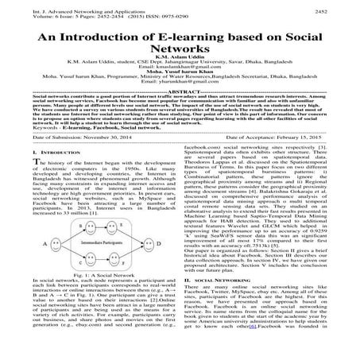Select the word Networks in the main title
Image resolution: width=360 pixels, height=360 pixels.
click(180, 58)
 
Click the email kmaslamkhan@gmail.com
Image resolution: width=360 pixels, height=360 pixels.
click(180, 86)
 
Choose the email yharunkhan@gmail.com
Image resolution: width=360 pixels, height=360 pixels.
click(180, 106)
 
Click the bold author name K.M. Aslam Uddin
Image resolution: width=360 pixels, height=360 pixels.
click(180, 70)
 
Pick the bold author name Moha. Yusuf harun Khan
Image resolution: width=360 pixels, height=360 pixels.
click(180, 91)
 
